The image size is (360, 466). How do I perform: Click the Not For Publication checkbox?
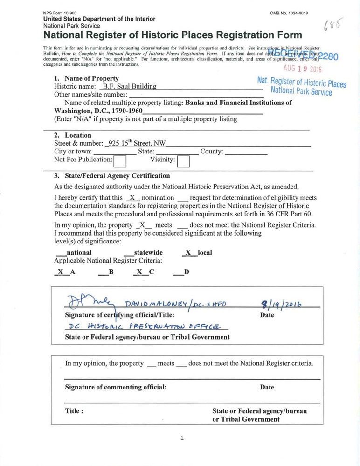click(120, 161)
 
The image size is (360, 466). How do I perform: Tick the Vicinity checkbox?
click(183, 161)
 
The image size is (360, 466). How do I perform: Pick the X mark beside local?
click(188, 252)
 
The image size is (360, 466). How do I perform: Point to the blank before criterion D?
click(178, 272)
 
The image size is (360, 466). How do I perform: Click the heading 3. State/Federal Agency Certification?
click(112, 176)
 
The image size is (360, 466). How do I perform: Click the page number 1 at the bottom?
click(182, 438)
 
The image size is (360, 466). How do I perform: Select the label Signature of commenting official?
click(116, 387)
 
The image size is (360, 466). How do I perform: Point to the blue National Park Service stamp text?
click(301, 92)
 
